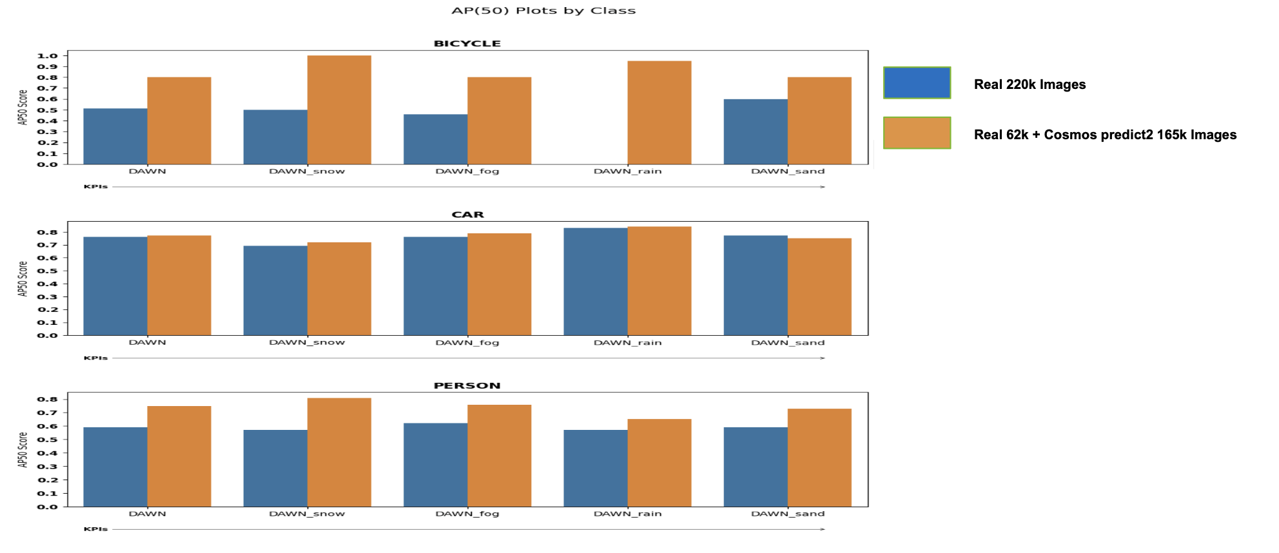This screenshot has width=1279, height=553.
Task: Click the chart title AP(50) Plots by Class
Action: tap(543, 11)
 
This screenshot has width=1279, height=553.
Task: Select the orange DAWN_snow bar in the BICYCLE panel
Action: tap(339, 110)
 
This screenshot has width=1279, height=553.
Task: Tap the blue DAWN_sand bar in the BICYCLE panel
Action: tap(756, 131)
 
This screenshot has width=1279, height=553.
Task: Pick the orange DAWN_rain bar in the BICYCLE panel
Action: tap(659, 112)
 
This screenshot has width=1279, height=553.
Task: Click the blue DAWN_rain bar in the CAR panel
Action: tap(596, 281)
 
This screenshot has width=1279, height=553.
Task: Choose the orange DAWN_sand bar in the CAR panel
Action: tap(819, 286)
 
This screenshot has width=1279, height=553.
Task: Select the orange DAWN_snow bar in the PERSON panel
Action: tap(339, 452)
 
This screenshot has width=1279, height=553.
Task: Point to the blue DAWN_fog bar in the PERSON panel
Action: tap(436, 464)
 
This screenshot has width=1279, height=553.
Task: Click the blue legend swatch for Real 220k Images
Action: tap(917, 83)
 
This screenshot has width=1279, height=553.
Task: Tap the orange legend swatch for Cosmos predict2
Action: tap(917, 133)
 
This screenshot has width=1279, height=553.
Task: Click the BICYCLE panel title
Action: tap(467, 44)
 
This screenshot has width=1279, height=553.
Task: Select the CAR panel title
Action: tap(467, 215)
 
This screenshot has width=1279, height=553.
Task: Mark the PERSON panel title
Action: tap(467, 385)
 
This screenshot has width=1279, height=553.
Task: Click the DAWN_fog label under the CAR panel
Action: tap(467, 342)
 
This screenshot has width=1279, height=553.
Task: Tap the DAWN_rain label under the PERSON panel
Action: tap(627, 514)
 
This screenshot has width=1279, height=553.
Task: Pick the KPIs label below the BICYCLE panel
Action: tap(95, 187)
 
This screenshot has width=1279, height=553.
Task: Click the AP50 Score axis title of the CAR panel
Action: tap(23, 278)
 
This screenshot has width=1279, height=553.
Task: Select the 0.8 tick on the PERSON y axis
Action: tap(48, 399)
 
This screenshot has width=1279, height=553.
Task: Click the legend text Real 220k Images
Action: tap(1030, 84)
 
